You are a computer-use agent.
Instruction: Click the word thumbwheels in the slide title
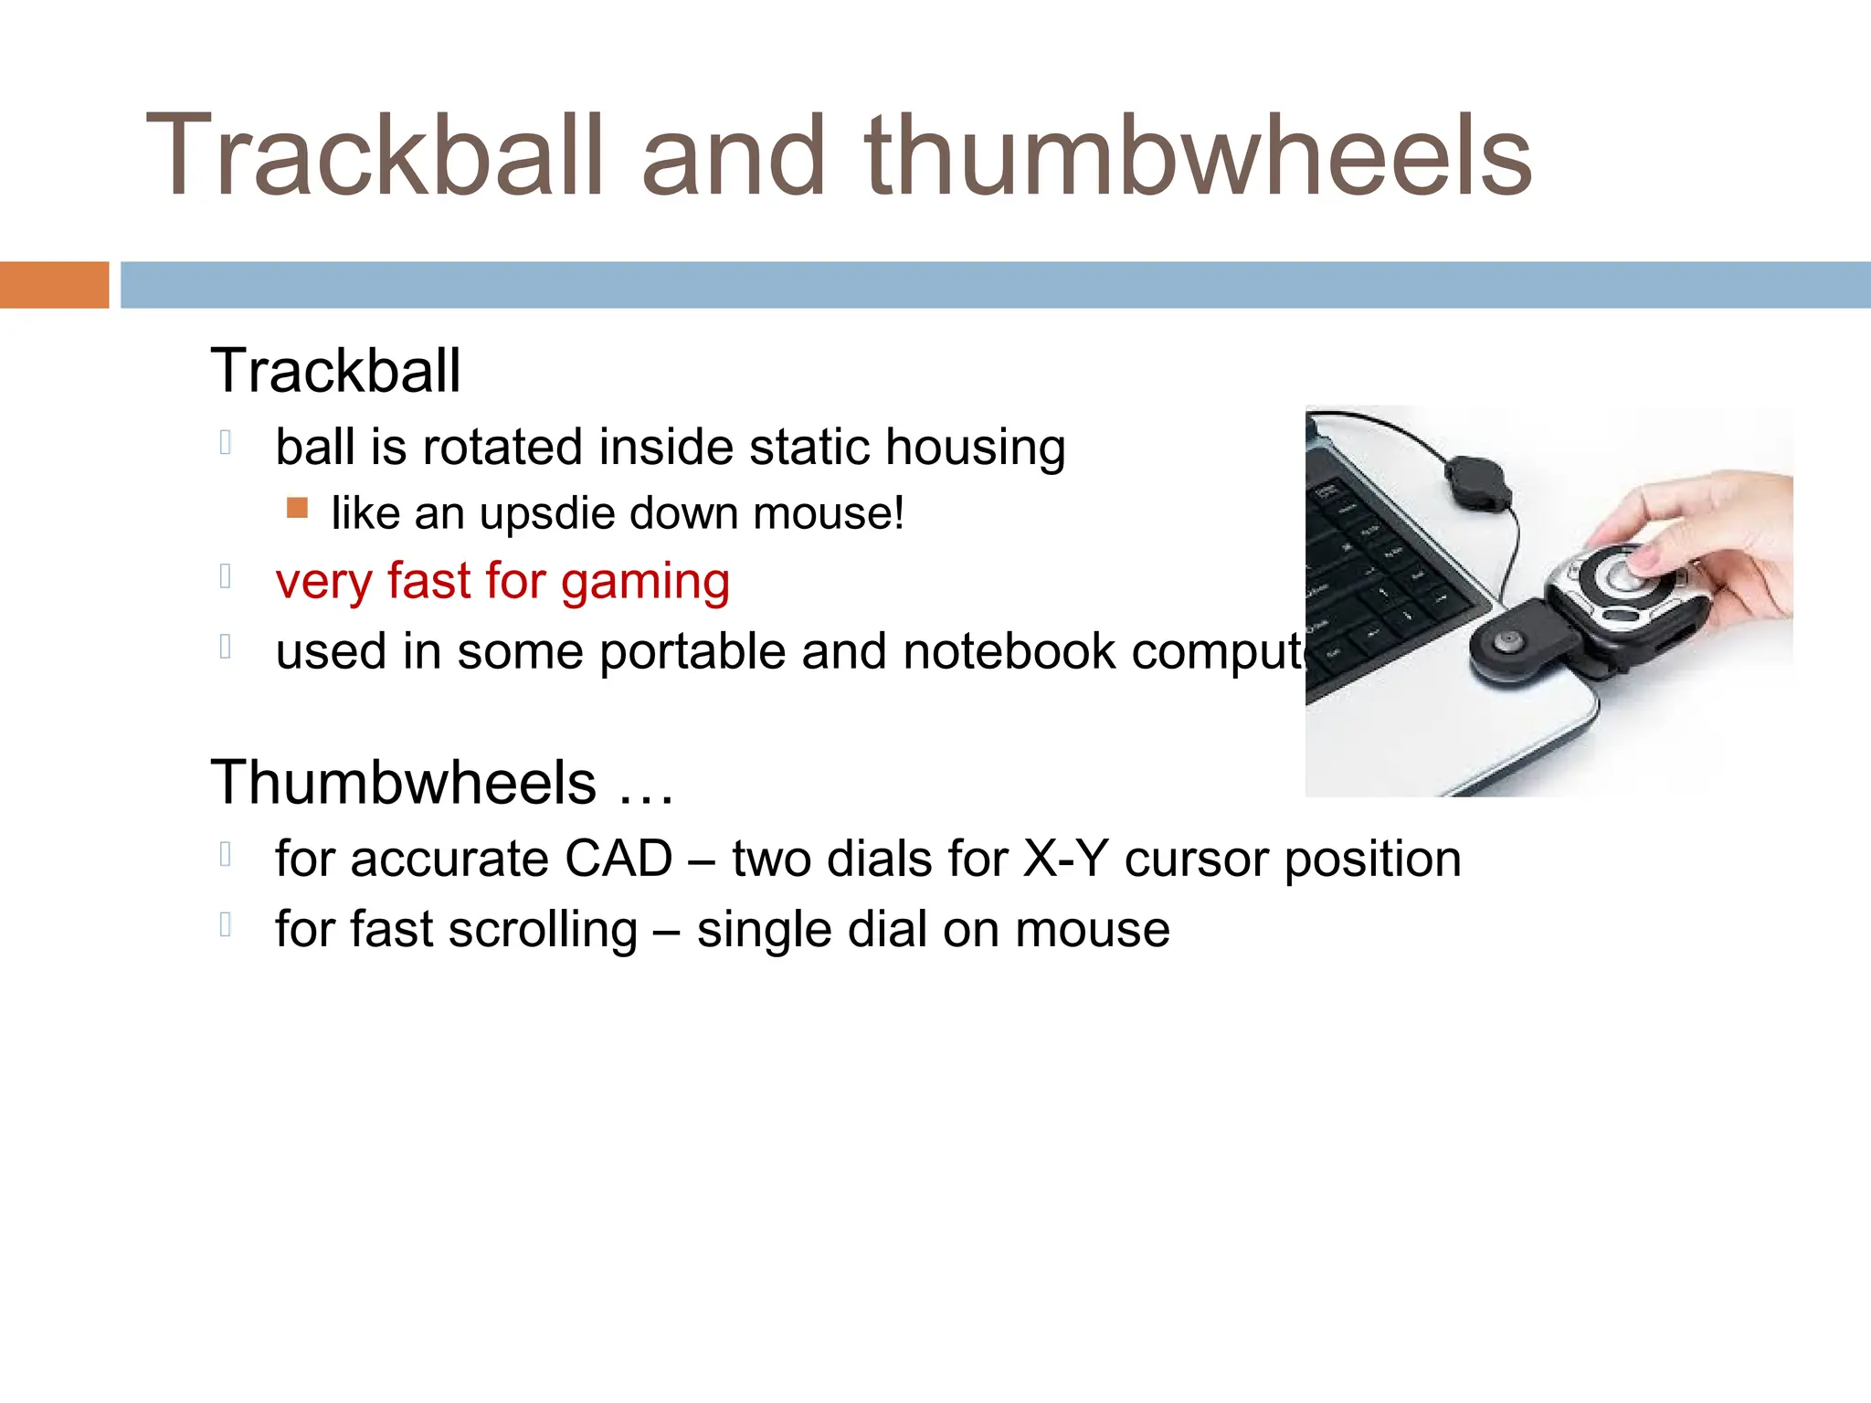(1198, 155)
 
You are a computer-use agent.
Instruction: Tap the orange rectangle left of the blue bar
(54, 285)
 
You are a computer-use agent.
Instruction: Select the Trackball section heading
(335, 371)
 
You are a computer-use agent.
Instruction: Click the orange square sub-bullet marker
(297, 508)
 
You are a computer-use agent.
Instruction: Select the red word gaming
(645, 582)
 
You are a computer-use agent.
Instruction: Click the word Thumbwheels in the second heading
(403, 783)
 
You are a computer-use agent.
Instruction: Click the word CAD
(618, 860)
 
